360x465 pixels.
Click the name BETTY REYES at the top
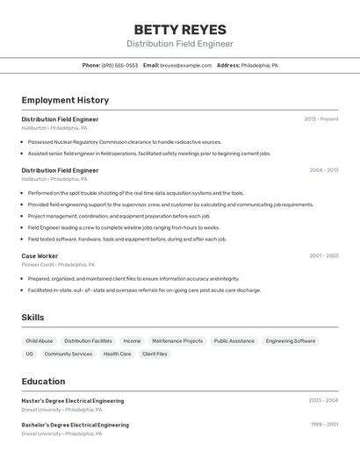(x=180, y=29)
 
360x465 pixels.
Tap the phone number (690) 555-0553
(x=119, y=65)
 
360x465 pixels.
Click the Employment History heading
(x=65, y=100)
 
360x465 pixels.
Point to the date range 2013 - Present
(x=320, y=119)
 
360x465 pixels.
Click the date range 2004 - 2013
(x=323, y=170)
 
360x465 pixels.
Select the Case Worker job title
(x=40, y=256)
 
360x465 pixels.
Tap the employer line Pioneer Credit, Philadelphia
(x=58, y=264)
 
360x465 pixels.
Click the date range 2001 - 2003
(x=323, y=256)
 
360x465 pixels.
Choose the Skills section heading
(x=32, y=318)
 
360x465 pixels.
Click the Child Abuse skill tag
(x=40, y=340)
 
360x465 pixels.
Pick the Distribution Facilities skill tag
(x=88, y=340)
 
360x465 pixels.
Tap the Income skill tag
(x=132, y=340)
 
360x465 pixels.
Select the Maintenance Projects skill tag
(x=177, y=340)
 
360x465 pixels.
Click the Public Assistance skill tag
(x=234, y=340)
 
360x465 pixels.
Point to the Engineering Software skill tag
(x=291, y=340)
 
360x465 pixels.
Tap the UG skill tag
(x=29, y=354)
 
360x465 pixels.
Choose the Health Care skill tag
(x=117, y=354)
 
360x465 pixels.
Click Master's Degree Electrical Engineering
(x=73, y=401)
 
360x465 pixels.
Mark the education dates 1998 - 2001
(x=323, y=425)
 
